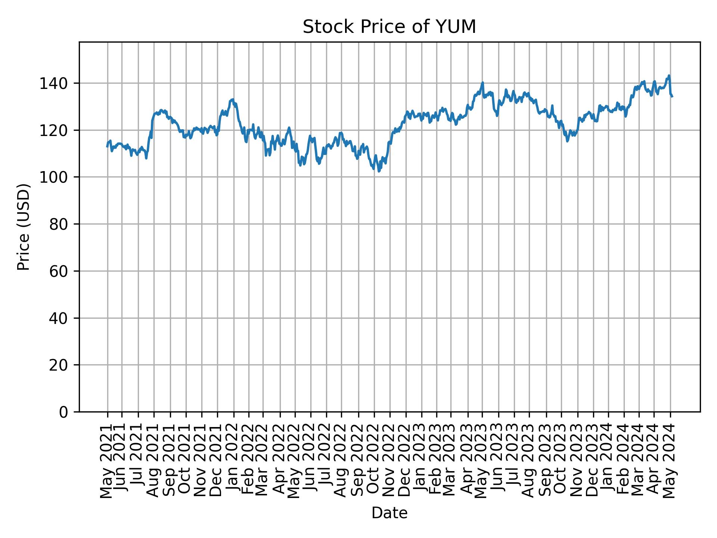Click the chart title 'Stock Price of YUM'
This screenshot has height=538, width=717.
point(389,27)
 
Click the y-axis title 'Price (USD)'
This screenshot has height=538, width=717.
point(24,227)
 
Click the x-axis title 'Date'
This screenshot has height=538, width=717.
point(389,513)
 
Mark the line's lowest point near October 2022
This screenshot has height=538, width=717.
point(379,171)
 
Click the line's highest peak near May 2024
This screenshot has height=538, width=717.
point(669,75)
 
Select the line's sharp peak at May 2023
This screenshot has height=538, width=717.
point(482,83)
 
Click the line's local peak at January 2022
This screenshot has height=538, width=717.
point(233,99)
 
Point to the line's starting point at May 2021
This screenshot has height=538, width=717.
point(107,146)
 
